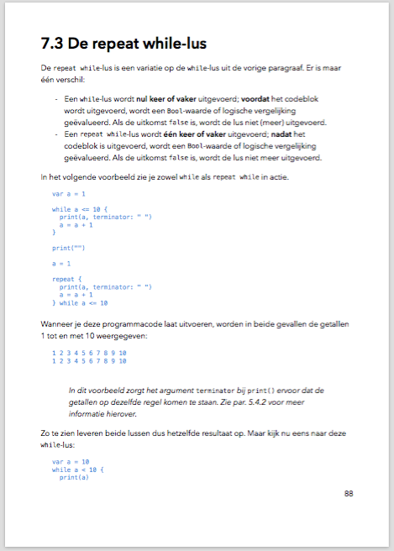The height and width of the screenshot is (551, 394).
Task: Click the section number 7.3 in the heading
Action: [x=55, y=43]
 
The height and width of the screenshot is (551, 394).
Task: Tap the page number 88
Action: [x=349, y=493]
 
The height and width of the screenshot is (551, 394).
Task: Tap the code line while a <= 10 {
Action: [x=81, y=209]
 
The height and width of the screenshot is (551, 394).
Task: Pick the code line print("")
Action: [x=69, y=248]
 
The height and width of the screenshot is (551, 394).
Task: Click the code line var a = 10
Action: [x=71, y=462]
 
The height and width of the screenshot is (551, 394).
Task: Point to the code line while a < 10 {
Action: [x=78, y=470]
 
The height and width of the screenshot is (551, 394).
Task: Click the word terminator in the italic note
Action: [x=216, y=391]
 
